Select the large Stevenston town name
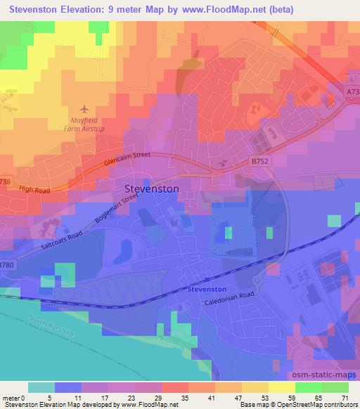tap(151, 189)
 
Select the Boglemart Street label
tap(109, 208)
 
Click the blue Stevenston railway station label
tap(207, 289)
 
